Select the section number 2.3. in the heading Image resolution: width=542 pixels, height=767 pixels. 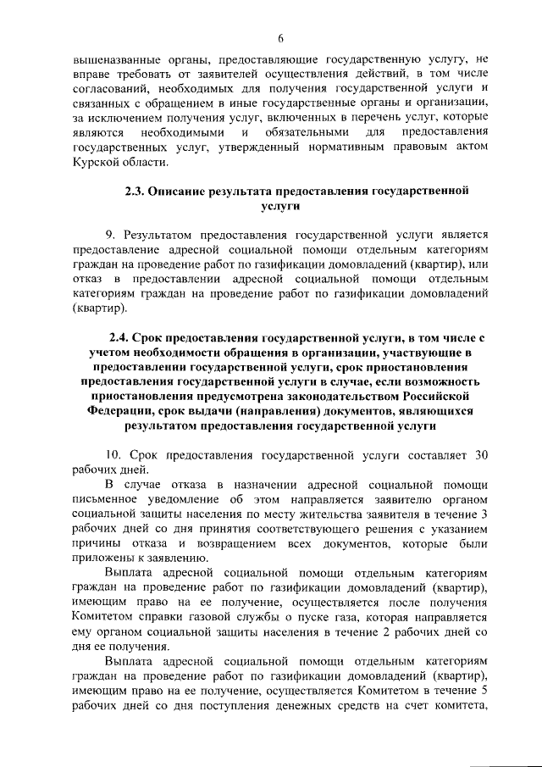135,192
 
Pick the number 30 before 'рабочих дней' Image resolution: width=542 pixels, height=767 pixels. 479,455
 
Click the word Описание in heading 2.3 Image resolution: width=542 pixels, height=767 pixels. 180,192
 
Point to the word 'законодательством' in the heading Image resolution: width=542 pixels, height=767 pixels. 325,394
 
